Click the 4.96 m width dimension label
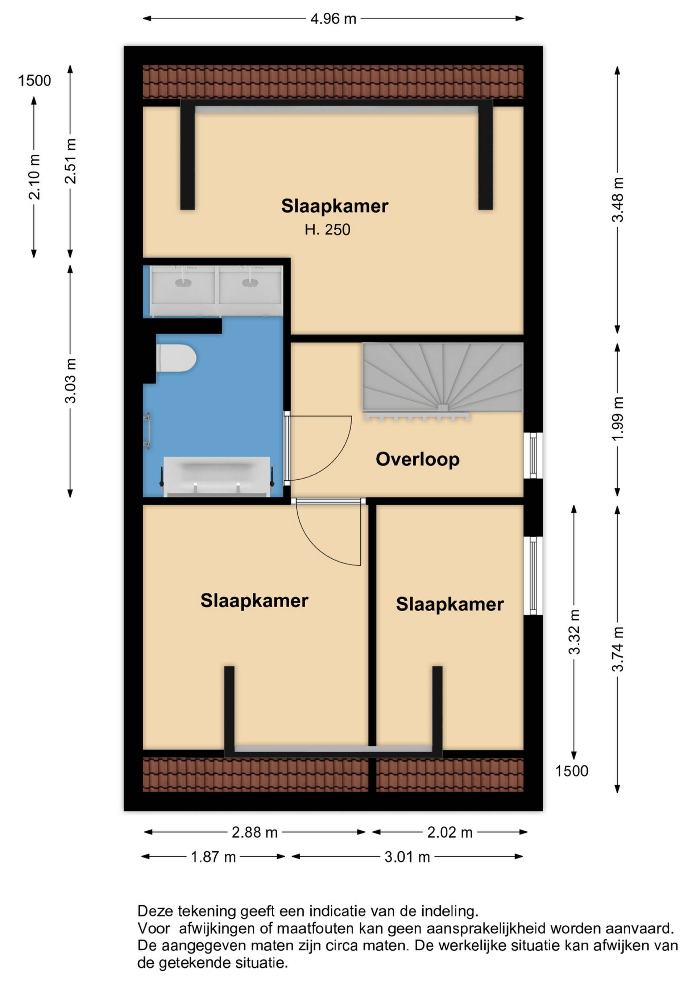coord(333,19)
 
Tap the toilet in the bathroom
coord(176,358)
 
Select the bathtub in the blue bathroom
coord(217,476)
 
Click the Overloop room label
coord(418,459)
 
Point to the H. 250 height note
coord(327,230)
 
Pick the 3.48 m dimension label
coord(617,199)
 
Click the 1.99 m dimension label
coord(617,418)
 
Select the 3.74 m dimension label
coord(617,649)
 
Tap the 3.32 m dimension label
coord(574,632)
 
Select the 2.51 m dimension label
coord(70,161)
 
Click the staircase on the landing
coord(443,379)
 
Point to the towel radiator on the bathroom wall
coord(148,431)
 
